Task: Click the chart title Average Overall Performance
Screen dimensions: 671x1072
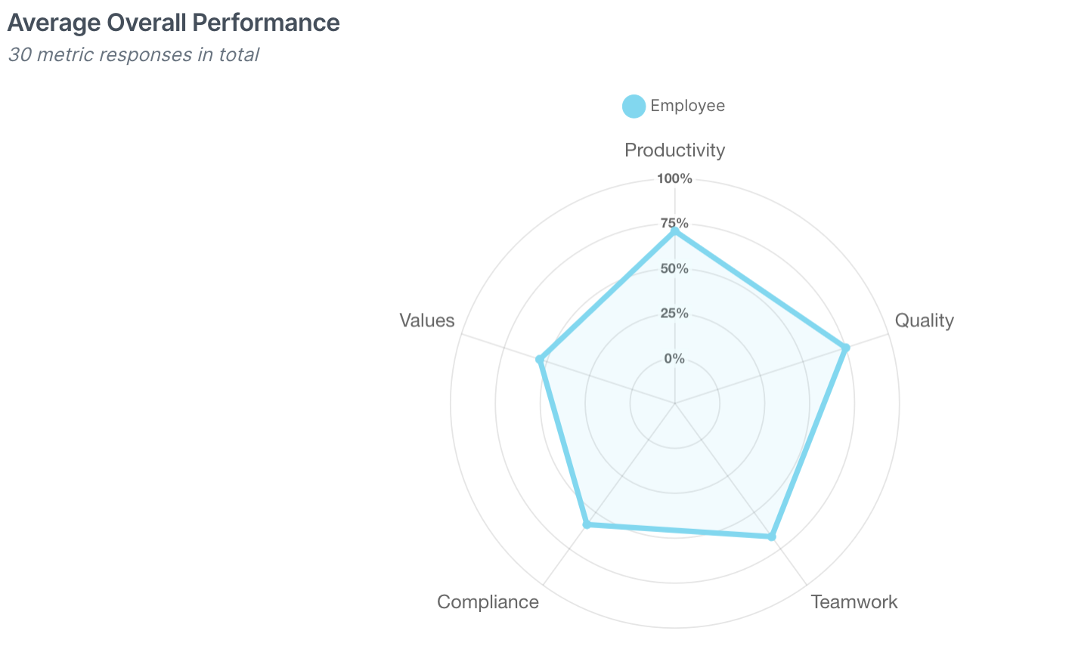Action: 173,23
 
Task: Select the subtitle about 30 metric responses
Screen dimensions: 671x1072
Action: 133,55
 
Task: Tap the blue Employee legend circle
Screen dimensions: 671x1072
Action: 634,107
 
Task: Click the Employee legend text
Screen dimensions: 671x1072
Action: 687,106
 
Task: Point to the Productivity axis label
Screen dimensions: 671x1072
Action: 674,150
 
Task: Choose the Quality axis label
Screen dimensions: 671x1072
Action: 924,320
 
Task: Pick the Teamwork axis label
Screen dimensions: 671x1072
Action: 854,602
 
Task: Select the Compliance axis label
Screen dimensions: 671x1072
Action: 488,602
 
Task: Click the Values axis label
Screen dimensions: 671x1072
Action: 427,320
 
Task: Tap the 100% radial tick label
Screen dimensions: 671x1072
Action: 674,179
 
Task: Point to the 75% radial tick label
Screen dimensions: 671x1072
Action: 674,224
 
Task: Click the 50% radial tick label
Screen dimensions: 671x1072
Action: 674,268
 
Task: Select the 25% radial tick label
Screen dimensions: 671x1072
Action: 674,313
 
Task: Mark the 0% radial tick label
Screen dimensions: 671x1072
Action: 674,358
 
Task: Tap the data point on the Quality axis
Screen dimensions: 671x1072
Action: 846,348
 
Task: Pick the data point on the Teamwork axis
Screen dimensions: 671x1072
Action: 771,536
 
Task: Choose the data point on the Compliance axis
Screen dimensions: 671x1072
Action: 586,524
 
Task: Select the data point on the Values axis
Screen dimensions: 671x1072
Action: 539,359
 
